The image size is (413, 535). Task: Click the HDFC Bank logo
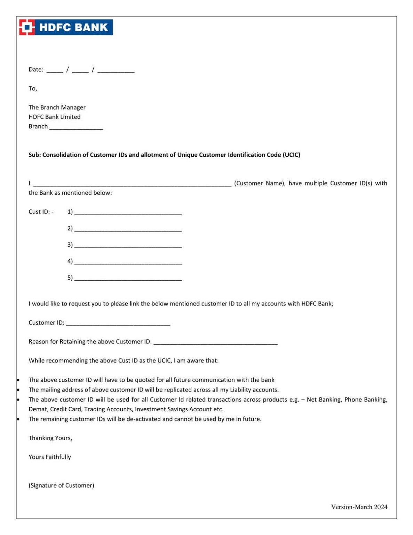[66, 27]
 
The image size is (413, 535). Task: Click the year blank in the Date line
[116, 71]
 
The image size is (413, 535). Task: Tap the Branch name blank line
[76, 127]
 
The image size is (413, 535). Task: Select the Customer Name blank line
[132, 185]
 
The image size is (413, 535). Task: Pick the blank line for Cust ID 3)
[128, 246]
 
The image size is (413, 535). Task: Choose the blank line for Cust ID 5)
[128, 279]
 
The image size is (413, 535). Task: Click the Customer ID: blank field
[118, 324]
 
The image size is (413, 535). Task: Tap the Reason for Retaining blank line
[215, 343]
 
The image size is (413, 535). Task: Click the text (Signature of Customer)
[61, 485]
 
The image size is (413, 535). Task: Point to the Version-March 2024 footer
[359, 507]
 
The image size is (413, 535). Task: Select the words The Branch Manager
[57, 107]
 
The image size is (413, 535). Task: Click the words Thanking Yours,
[50, 438]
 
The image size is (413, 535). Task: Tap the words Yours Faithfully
[50, 457]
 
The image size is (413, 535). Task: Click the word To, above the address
[33, 88]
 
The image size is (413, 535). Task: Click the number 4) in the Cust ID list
[70, 261]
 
